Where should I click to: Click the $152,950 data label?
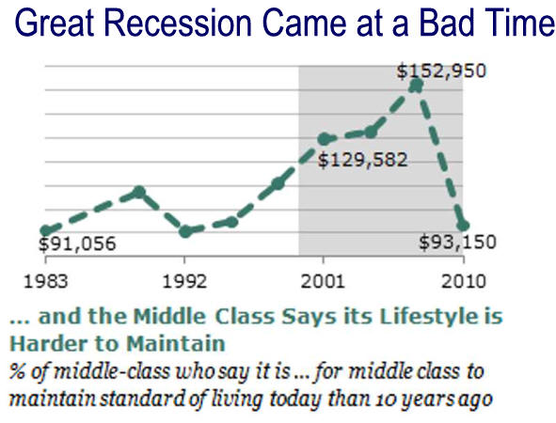[441, 70]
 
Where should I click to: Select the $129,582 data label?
[362, 160]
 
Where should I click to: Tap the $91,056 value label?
[77, 243]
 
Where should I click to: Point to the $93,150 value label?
[457, 243]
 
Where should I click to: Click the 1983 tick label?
[45, 282]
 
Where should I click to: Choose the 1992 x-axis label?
[184, 282]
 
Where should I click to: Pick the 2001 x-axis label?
[323, 282]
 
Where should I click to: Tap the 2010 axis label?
[463, 282]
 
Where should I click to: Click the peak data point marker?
[417, 85]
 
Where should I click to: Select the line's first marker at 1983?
[46, 230]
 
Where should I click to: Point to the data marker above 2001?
[324, 139]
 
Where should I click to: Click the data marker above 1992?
[186, 231]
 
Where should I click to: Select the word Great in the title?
[55, 23]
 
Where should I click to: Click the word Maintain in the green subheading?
[176, 344]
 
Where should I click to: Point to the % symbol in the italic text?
[17, 371]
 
